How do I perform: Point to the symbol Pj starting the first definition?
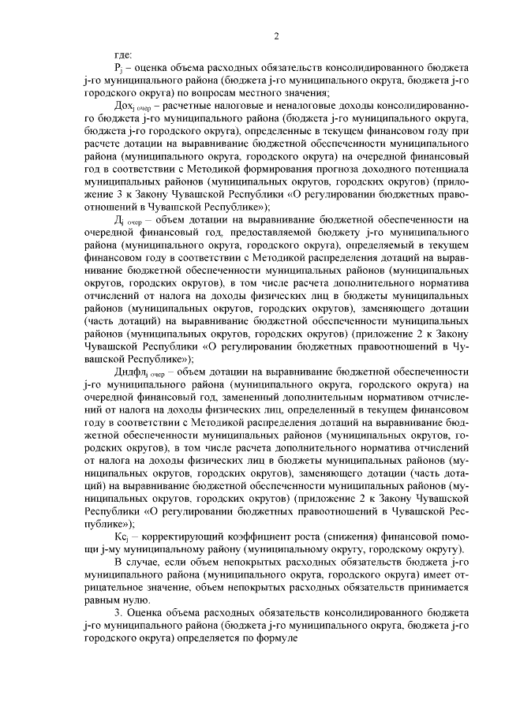click(x=119, y=69)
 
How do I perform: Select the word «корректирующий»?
click(x=181, y=536)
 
